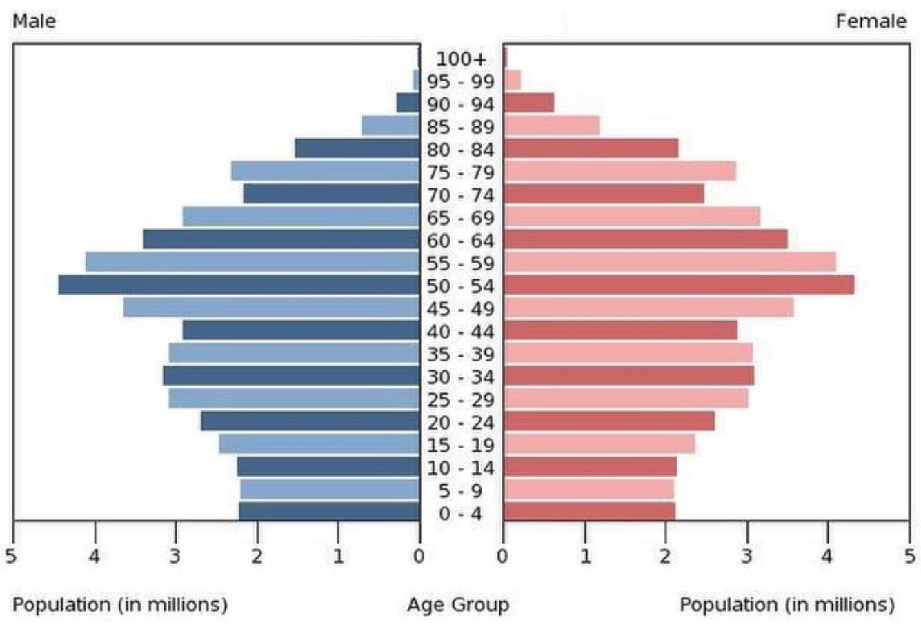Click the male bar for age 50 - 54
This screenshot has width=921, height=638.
pyautogui.click(x=239, y=285)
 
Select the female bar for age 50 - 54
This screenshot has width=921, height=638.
pyautogui.click(x=679, y=285)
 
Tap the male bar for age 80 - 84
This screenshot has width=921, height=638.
pyautogui.click(x=357, y=148)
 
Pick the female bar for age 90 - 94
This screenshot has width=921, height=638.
pyautogui.click(x=529, y=103)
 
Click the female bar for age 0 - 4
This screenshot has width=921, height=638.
pyautogui.click(x=590, y=512)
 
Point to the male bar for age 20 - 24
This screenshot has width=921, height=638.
pyautogui.click(x=310, y=421)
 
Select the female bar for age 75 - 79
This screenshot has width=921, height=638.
pyautogui.click(x=620, y=171)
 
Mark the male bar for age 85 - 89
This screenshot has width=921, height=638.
pyautogui.click(x=390, y=126)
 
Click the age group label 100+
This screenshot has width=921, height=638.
pyautogui.click(x=460, y=59)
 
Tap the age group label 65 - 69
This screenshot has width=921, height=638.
pyautogui.click(x=460, y=218)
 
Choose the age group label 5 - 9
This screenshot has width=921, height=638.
pyautogui.click(x=460, y=491)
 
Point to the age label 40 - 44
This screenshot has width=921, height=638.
pyautogui.click(x=460, y=332)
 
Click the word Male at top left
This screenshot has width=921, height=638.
pyautogui.click(x=34, y=21)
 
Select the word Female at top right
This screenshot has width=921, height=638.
pyautogui.click(x=871, y=21)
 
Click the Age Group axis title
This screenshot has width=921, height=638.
pyautogui.click(x=458, y=605)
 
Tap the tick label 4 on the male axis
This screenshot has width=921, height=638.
pyautogui.click(x=95, y=556)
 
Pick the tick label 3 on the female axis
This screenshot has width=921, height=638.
pyautogui.click(x=747, y=556)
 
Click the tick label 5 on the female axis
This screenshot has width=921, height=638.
pyautogui.click(x=910, y=556)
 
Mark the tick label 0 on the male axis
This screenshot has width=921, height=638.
pyautogui.click(x=419, y=556)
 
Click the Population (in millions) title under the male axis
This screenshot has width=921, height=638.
pyautogui.click(x=120, y=605)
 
